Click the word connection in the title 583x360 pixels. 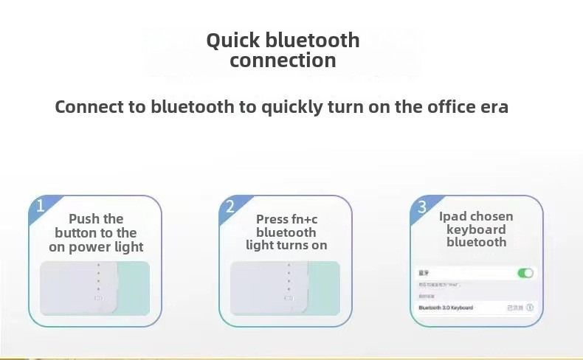click(x=283, y=60)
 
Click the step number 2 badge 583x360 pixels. click(x=230, y=207)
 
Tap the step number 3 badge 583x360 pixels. click(x=422, y=207)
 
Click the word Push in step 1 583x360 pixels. click(x=84, y=219)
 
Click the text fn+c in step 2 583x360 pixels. click(x=302, y=219)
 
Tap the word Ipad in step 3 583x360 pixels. click(x=453, y=216)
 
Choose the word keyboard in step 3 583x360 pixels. click(x=476, y=229)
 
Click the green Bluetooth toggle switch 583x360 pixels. click(x=525, y=273)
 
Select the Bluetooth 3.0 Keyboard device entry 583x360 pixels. click(x=446, y=308)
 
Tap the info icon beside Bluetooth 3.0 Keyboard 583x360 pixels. click(x=529, y=308)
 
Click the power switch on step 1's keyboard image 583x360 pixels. click(x=98, y=299)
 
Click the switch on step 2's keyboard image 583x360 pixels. click(x=289, y=299)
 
